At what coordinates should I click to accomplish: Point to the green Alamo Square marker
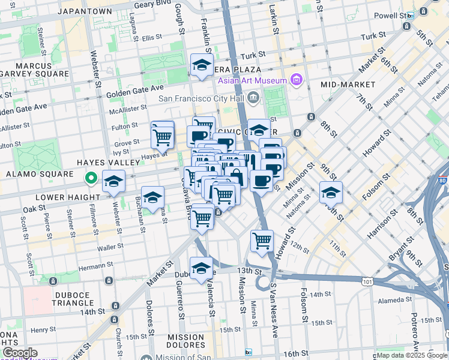(91, 178)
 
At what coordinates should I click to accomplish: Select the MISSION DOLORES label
(186, 341)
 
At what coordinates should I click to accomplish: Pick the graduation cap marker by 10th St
(331, 193)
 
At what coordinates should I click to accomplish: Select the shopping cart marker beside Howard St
(262, 241)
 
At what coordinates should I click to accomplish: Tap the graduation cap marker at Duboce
(202, 268)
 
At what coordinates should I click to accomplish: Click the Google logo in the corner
(20, 353)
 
